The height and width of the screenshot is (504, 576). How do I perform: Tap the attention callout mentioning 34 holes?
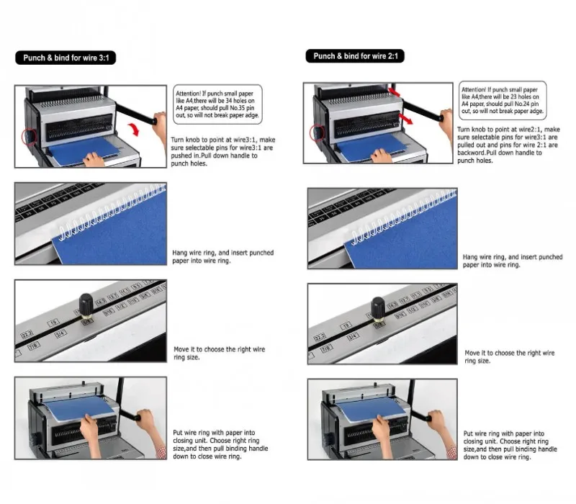tap(217, 104)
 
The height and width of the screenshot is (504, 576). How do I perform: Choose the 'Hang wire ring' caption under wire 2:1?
tap(512, 261)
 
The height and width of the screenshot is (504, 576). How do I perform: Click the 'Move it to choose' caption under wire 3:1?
tap(219, 353)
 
